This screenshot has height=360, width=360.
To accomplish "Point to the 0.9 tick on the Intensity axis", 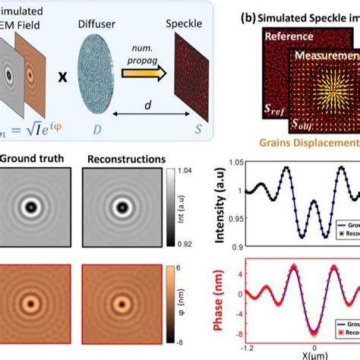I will [231, 245].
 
